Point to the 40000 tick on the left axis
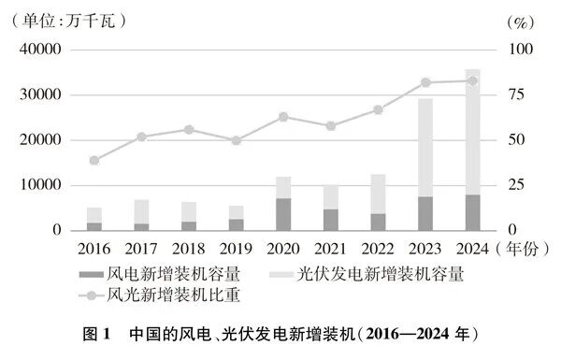(x=39, y=50)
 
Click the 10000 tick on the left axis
(x=39, y=185)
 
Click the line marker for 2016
(x=94, y=160)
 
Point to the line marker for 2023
(x=425, y=82)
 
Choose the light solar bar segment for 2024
(x=472, y=132)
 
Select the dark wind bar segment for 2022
(x=378, y=222)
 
